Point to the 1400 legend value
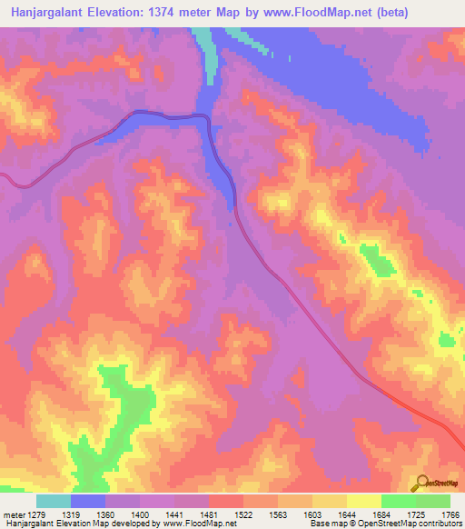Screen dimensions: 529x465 153,514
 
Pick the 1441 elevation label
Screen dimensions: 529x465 189,514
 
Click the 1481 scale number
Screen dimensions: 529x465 224,514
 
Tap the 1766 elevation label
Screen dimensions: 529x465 450,514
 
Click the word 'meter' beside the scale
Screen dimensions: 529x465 14,514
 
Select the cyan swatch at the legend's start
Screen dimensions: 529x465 53,501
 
